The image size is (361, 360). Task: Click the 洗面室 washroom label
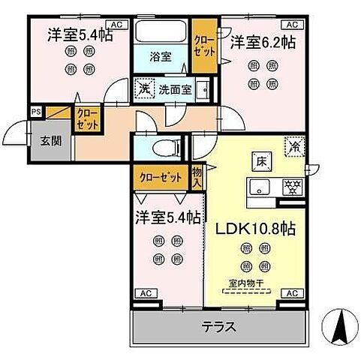[x=174, y=88]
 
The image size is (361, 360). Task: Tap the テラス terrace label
[x=219, y=327]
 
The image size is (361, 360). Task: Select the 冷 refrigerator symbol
[x=295, y=148]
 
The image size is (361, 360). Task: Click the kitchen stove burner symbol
[x=290, y=187]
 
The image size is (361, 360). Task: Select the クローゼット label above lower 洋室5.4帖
[x=161, y=178]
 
